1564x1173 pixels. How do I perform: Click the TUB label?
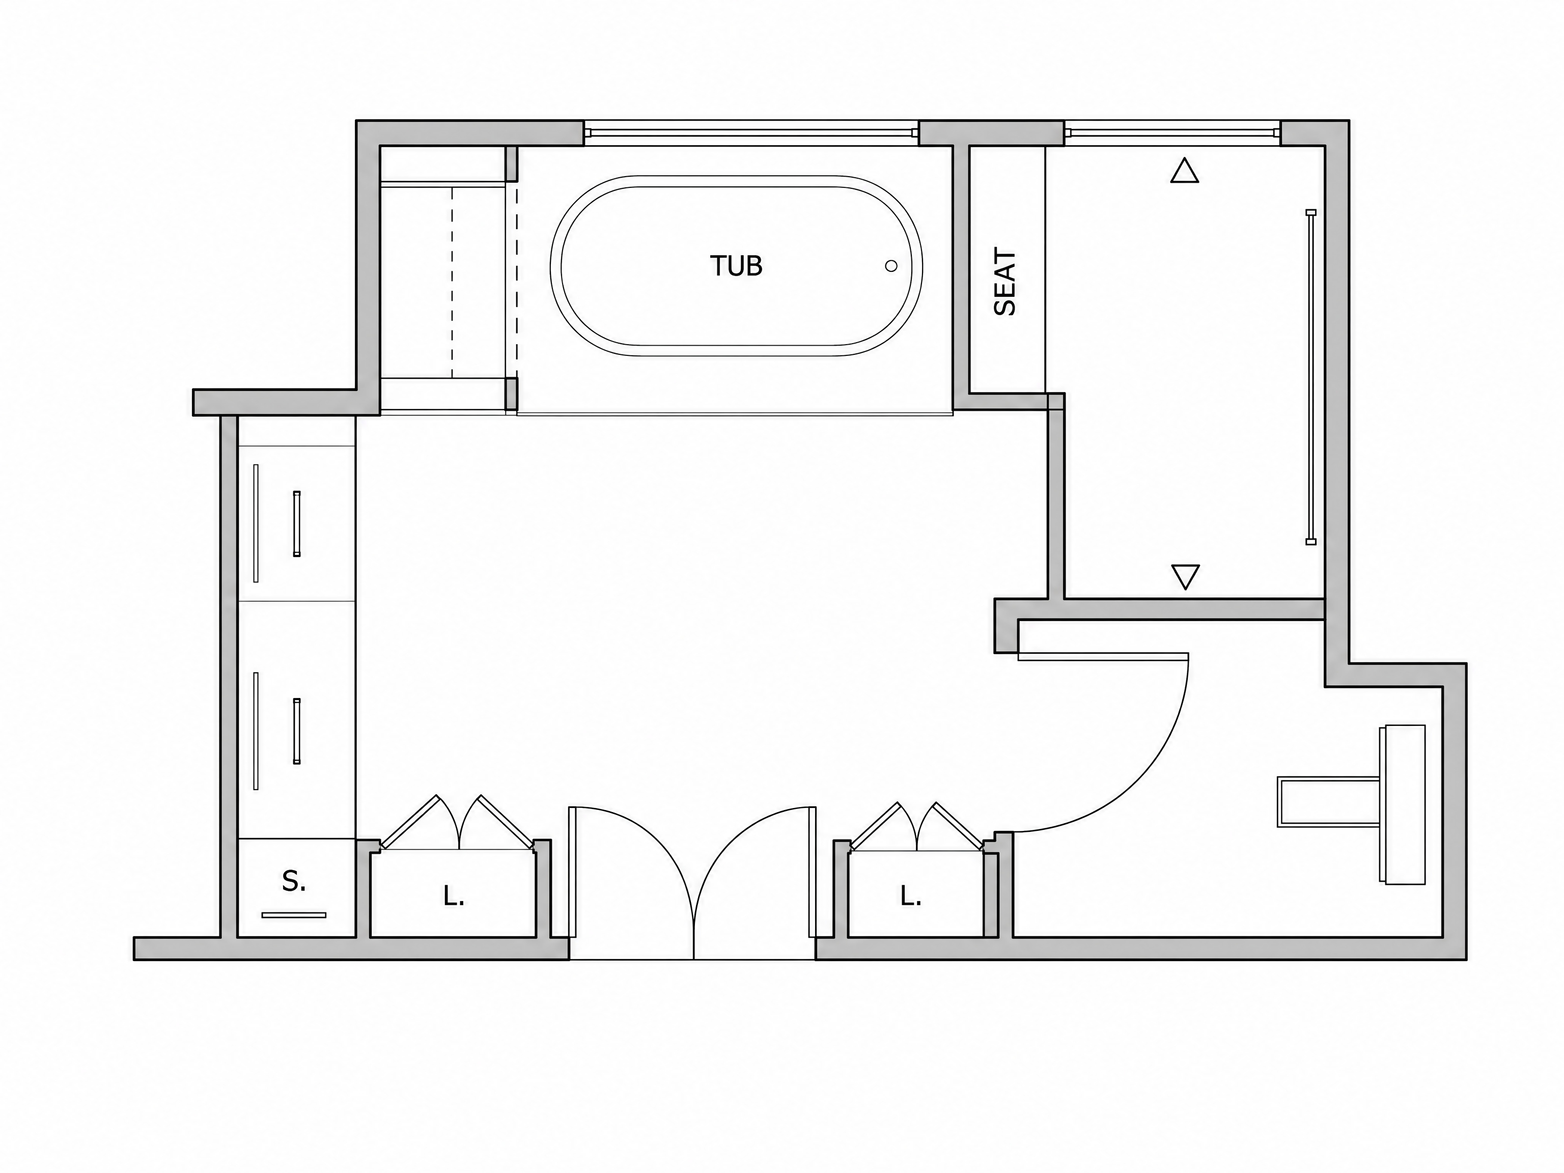736,266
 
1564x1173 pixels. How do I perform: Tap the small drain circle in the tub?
891,266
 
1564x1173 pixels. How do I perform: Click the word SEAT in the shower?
1004,282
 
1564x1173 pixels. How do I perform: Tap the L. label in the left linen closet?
453,897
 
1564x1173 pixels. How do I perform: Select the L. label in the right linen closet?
911,897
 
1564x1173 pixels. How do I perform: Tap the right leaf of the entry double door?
812,882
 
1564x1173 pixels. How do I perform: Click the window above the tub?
751,132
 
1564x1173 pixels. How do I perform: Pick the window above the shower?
1171,132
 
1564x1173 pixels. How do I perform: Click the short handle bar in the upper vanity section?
297,523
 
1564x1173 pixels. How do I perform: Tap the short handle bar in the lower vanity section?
297,731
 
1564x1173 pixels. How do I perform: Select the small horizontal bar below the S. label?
293,915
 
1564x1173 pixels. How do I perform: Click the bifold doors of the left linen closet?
458,822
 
